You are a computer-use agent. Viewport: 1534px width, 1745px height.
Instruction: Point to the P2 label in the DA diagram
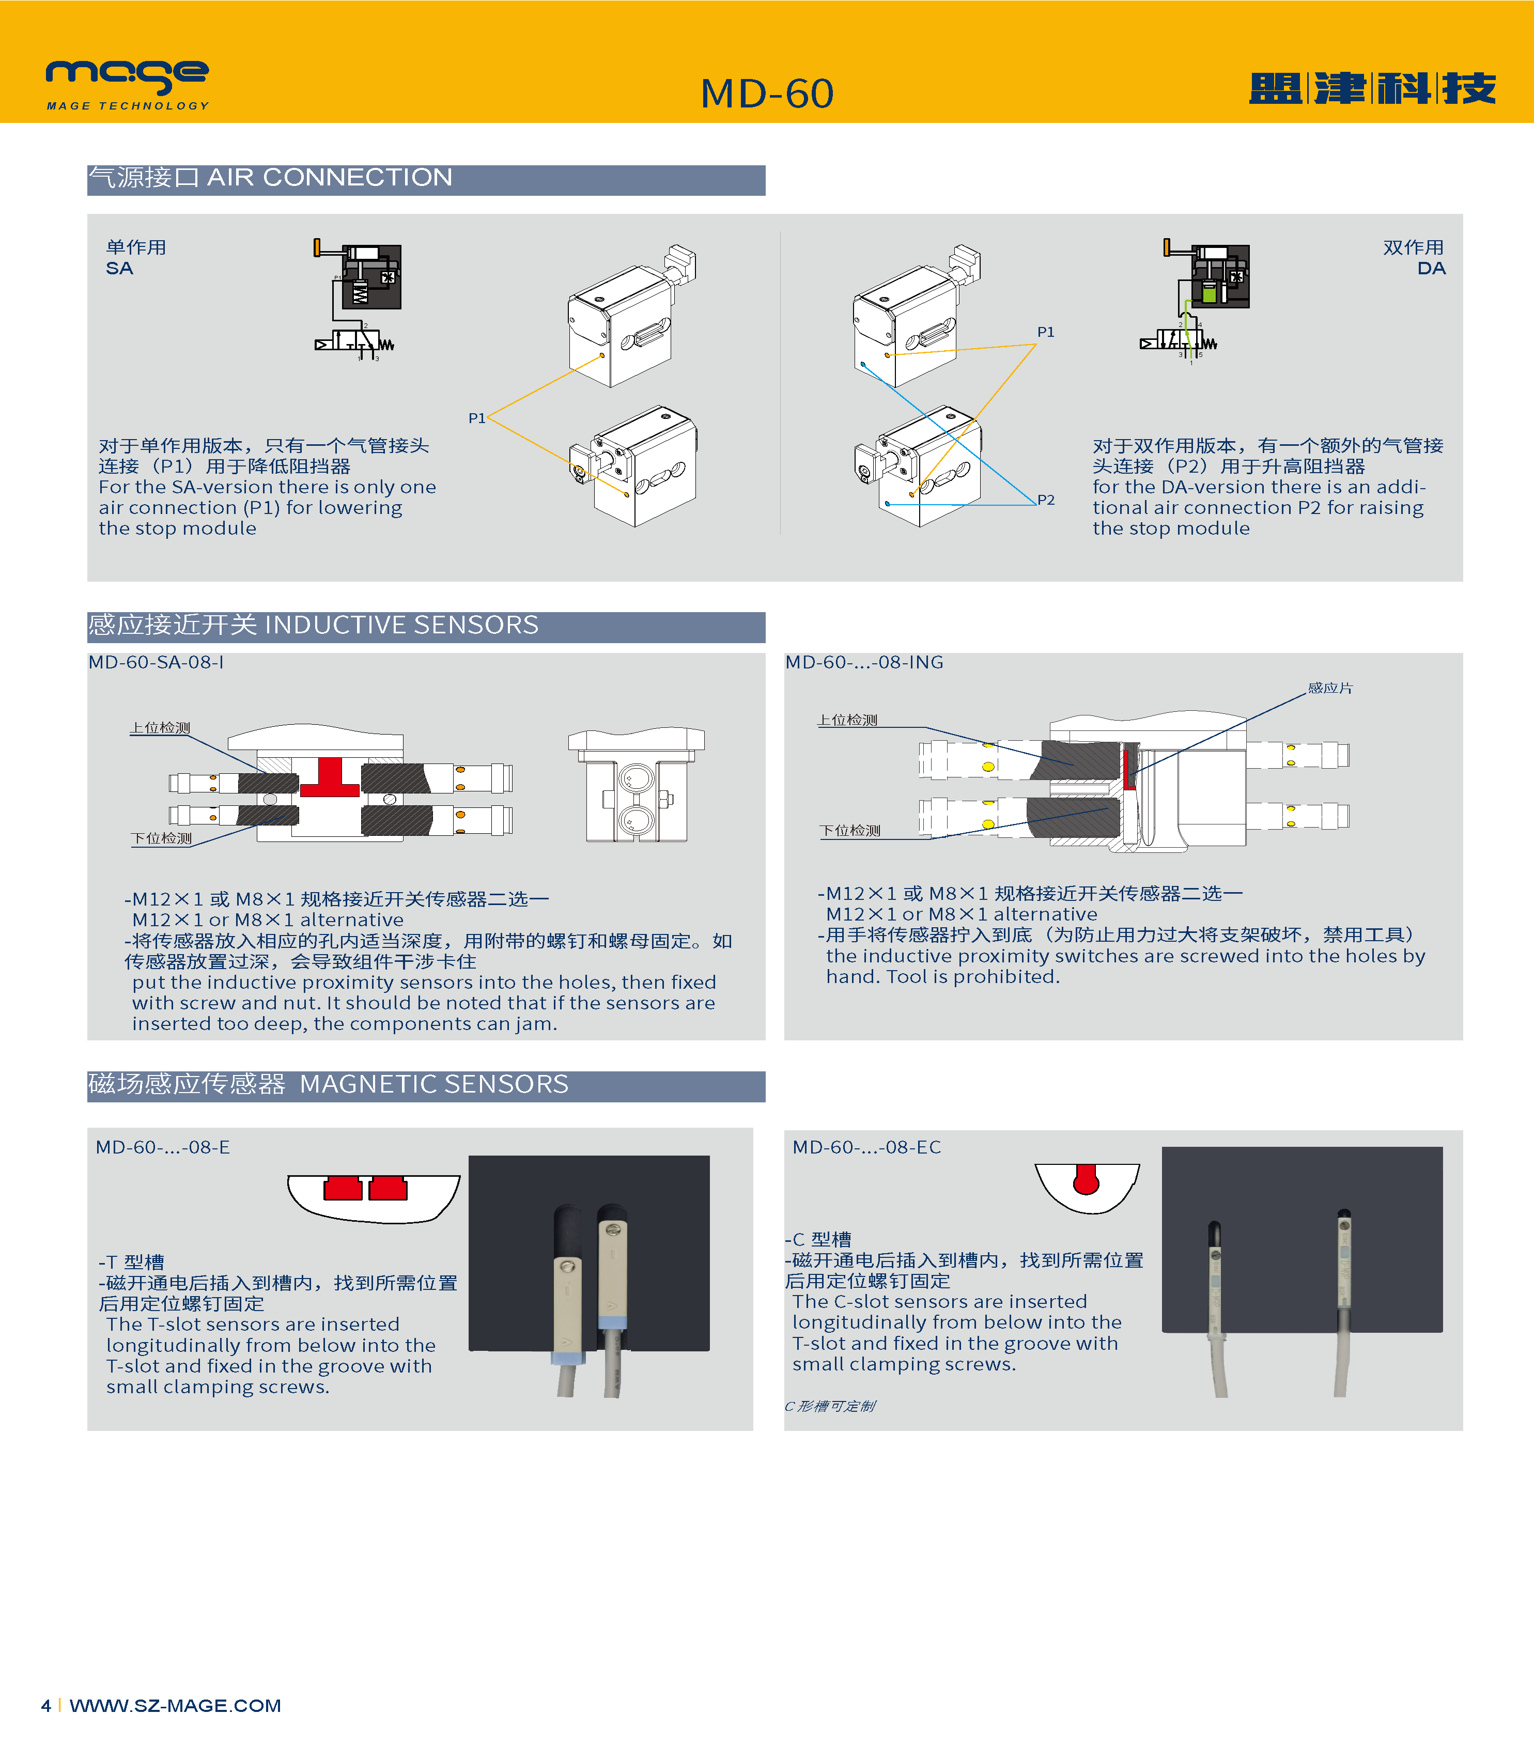pos(1046,500)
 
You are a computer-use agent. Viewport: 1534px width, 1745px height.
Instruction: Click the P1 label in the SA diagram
pos(476,418)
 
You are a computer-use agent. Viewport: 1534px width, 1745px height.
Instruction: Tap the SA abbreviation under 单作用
pos(119,269)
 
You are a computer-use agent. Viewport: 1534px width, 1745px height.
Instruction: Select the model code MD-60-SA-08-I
pos(156,662)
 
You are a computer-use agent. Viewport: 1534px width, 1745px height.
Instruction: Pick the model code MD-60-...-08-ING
pos(864,662)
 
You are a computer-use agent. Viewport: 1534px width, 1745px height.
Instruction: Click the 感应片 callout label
pos(1330,688)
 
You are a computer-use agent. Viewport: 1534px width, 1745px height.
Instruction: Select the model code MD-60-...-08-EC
pos(866,1147)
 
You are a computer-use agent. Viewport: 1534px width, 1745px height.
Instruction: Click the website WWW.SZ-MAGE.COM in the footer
pos(175,1706)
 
